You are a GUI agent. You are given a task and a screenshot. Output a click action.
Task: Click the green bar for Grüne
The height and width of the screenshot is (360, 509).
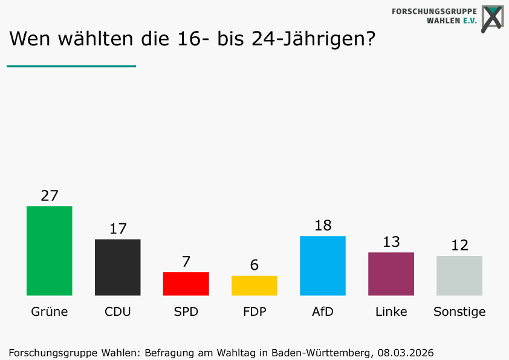click(50, 250)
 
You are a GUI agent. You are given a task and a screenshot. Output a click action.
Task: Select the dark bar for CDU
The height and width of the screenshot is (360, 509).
click(118, 267)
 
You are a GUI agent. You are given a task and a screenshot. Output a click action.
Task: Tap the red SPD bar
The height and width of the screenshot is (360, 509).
click(186, 284)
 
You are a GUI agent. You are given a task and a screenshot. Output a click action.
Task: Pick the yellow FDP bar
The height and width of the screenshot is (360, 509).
click(254, 286)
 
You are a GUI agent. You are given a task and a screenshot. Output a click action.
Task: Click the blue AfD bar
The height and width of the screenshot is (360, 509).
click(323, 266)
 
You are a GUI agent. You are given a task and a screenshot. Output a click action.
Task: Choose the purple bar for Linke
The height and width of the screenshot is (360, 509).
click(391, 273)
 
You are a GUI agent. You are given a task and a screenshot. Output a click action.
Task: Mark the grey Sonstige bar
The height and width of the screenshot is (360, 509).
click(459, 275)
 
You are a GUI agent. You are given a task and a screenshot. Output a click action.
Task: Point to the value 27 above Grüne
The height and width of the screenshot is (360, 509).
click(50, 195)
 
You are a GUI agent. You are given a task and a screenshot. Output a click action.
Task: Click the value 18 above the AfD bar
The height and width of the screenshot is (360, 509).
click(323, 225)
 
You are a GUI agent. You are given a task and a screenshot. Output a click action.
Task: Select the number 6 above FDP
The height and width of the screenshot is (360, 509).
click(254, 265)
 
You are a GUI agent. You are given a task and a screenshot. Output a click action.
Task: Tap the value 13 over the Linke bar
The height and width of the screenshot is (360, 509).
click(391, 242)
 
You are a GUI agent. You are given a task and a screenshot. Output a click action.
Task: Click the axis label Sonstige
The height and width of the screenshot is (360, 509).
click(459, 312)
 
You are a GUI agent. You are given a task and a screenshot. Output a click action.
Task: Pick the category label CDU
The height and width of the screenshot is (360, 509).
click(118, 312)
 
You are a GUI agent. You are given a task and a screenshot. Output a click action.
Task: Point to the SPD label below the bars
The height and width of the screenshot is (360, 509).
click(186, 312)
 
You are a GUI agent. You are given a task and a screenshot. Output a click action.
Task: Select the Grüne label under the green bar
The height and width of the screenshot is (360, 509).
click(50, 312)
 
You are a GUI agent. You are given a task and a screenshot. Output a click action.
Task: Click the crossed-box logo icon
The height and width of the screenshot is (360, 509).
click(493, 18)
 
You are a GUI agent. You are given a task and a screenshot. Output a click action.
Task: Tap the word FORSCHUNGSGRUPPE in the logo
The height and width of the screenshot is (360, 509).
click(434, 11)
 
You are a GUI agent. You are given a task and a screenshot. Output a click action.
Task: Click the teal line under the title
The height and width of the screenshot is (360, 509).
click(71, 66)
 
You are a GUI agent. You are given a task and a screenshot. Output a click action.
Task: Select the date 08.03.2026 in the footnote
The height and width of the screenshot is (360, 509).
click(406, 352)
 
